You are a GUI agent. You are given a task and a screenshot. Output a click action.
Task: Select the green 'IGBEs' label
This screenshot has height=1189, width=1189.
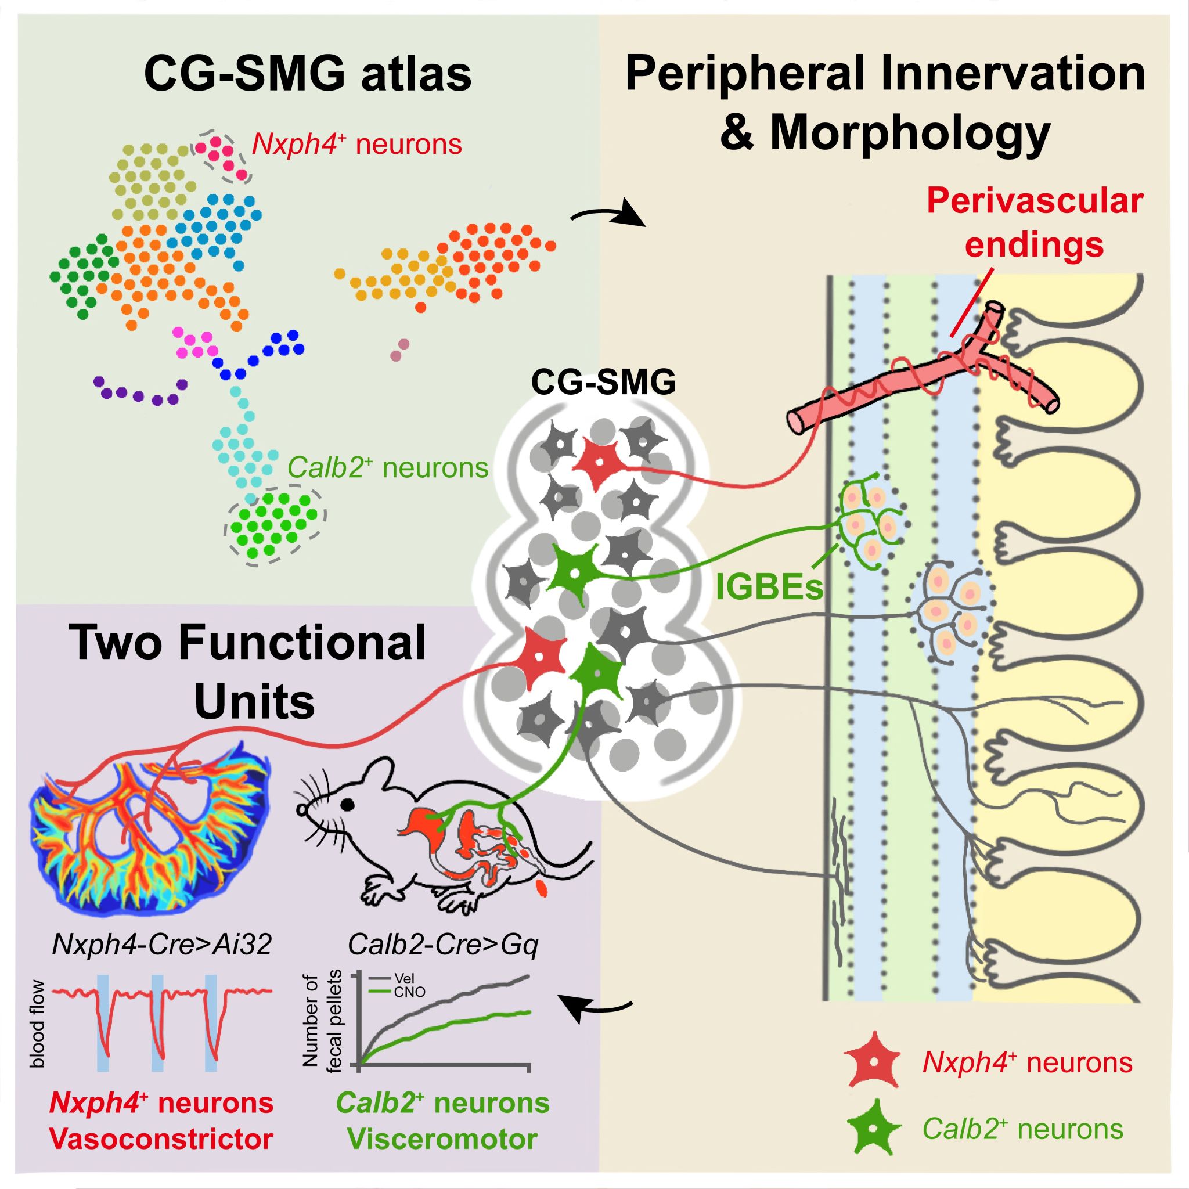click(769, 588)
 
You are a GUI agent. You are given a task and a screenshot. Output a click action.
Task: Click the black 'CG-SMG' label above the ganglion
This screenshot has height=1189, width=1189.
click(603, 383)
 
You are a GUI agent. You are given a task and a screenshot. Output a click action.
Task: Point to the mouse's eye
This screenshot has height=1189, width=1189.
click(348, 803)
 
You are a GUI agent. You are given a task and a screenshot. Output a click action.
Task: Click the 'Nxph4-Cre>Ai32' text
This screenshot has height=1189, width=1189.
click(162, 945)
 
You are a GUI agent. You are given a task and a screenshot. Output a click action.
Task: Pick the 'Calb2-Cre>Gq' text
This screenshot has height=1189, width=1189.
click(442, 945)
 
